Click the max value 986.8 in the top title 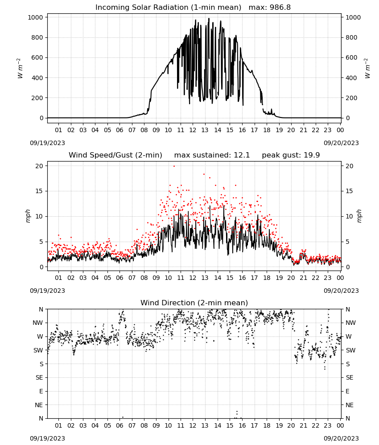[x=280, y=7]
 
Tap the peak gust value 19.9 [x=311, y=155]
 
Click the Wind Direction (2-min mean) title [x=194, y=303]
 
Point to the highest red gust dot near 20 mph [x=174, y=166]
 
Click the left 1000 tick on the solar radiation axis [x=35, y=17]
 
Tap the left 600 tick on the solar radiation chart [x=37, y=57]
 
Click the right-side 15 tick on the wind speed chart [x=349, y=191]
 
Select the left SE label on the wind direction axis [x=39, y=377]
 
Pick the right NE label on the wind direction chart [x=350, y=405]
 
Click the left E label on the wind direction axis [x=41, y=391]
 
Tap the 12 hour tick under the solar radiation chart [x=193, y=130]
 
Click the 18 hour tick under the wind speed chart [x=267, y=278]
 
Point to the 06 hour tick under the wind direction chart [x=119, y=425]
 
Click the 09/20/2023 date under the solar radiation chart [x=341, y=143]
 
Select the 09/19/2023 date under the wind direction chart [x=47, y=438]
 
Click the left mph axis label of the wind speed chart [x=28, y=216]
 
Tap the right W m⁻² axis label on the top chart [x=367, y=68]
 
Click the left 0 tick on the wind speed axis [x=41, y=267]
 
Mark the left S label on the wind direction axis [x=41, y=364]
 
